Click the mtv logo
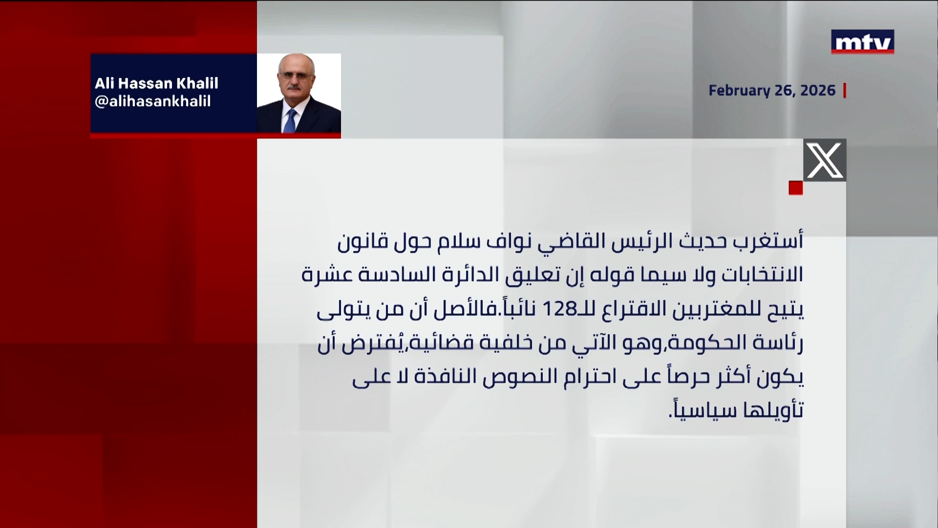[x=862, y=42]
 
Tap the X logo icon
[x=825, y=160]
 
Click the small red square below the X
[x=795, y=188]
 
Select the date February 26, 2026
[x=772, y=90]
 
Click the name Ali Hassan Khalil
[x=156, y=83]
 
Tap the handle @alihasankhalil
[x=152, y=101]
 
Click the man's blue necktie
[x=291, y=120]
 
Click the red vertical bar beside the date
[x=845, y=90]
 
